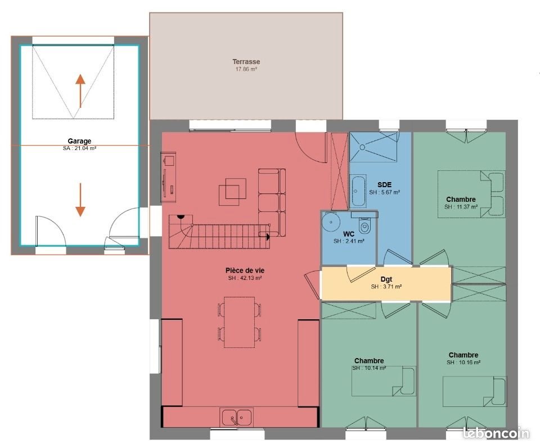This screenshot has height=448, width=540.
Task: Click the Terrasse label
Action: (246, 62)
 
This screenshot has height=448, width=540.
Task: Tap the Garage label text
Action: (79, 141)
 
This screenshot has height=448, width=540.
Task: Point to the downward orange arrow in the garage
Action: (80, 200)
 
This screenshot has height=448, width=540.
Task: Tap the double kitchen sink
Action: (236, 418)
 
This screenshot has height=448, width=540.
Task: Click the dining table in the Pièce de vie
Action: (239, 322)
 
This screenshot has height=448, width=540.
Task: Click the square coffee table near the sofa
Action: (232, 189)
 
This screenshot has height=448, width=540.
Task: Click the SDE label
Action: (384, 184)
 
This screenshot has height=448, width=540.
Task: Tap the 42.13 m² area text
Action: (245, 278)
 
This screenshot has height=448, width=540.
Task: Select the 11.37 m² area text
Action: (461, 207)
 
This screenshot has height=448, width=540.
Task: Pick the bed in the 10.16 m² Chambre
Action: (474, 391)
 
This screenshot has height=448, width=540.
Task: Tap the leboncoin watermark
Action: (496, 433)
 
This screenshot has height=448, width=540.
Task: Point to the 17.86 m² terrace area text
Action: (246, 70)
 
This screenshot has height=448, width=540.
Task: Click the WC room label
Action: (348, 233)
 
